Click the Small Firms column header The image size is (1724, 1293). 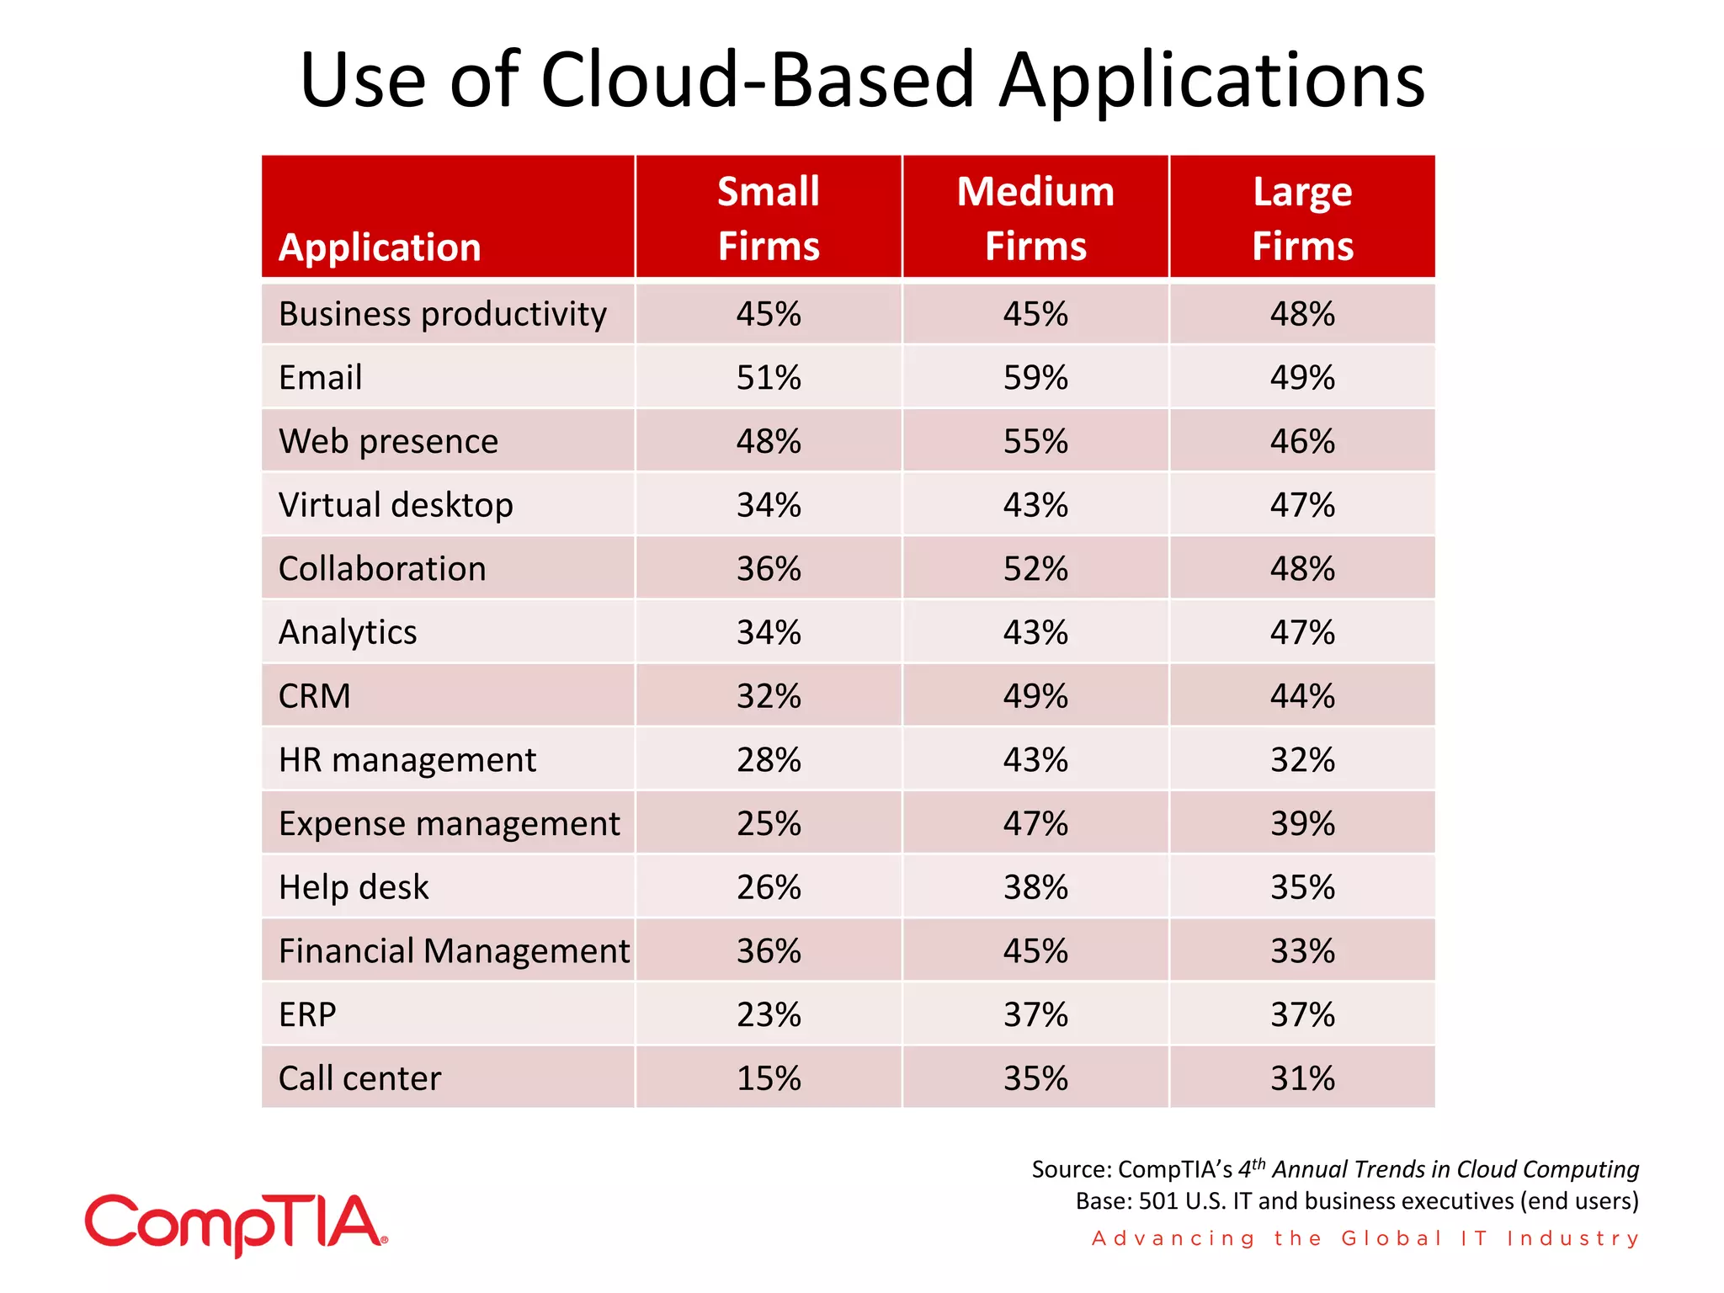coord(768,218)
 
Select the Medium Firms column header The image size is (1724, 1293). coord(1035,218)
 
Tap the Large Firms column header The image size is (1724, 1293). coord(1301,218)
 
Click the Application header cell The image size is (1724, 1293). coord(380,247)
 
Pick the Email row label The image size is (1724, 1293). coord(320,377)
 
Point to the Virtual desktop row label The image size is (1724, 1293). coord(396,505)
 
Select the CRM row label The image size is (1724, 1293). coord(314,696)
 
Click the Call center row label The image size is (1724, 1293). coord(359,1078)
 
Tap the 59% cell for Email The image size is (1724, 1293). coord(1035,377)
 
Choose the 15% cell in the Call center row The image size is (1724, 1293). coord(768,1078)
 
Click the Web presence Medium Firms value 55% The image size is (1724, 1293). coord(1035,441)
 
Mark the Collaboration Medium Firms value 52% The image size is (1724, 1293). coord(1035,569)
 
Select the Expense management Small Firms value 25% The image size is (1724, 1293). coord(768,823)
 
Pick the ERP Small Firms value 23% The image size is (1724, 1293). coord(768,1014)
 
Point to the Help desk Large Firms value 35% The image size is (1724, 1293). coord(1301,887)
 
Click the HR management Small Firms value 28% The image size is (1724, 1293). coord(768,760)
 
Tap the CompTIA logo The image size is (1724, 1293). coord(236,1224)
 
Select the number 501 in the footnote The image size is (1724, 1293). coord(1158,1200)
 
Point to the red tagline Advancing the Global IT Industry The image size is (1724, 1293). coord(1365,1238)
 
